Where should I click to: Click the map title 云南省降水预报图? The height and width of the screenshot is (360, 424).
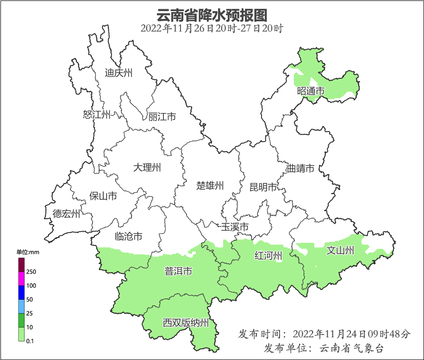tap(212, 15)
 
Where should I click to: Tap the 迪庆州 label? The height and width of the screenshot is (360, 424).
tap(118, 73)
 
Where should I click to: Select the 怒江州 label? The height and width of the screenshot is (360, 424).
tap(97, 114)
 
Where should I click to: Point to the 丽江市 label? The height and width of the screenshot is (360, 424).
tap(162, 117)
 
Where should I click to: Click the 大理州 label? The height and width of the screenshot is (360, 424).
tap(147, 167)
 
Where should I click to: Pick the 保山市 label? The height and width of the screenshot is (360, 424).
tap(103, 196)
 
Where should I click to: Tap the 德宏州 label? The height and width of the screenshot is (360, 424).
tap(66, 214)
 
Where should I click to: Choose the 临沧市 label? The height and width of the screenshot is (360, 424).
tap(128, 237)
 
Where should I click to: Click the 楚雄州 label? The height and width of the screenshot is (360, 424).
tap(210, 186)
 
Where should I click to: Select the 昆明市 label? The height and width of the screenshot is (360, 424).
tap(263, 187)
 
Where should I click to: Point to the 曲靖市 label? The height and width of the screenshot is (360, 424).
tap(300, 168)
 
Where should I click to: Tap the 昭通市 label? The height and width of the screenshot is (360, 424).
tap(311, 91)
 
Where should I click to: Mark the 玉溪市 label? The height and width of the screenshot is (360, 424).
tap(235, 227)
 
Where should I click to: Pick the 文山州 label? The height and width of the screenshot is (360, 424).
tap(340, 251)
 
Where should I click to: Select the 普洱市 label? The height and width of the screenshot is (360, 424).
tap(178, 272)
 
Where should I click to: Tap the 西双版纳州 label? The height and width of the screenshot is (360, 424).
tap(186, 323)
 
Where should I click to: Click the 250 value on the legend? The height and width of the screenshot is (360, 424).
tap(31, 272)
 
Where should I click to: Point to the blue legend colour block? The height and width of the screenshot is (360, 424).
tap(21, 292)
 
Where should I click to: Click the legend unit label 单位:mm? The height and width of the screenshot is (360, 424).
tap(28, 252)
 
